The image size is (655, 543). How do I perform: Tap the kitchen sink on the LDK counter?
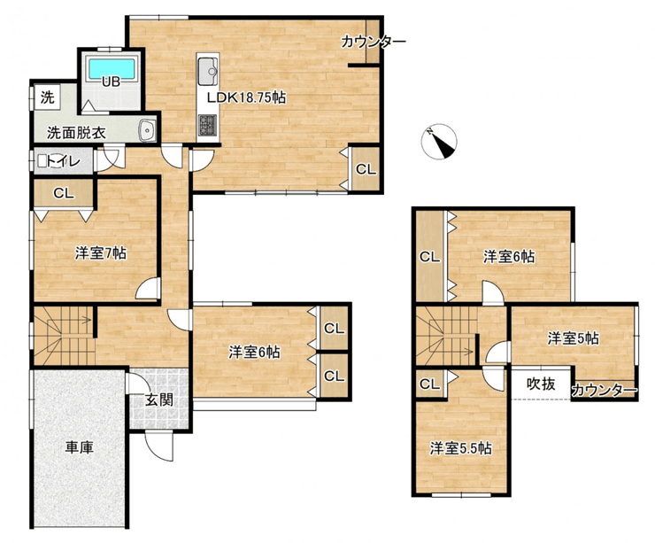pyautogui.click(x=208, y=72)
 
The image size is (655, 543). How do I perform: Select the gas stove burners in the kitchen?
pyautogui.click(x=208, y=125)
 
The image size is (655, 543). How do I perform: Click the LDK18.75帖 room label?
pyautogui.click(x=247, y=97)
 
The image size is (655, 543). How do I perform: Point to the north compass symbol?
pyautogui.click(x=439, y=142)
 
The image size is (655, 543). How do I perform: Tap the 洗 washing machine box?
pyautogui.click(x=48, y=97)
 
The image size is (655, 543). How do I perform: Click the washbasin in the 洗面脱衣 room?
pyautogui.click(x=147, y=130)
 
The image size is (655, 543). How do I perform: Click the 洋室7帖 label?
pyautogui.click(x=101, y=253)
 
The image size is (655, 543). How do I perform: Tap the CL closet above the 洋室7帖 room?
pyautogui.click(x=64, y=193)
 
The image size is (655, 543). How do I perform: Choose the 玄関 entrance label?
pyautogui.click(x=159, y=400)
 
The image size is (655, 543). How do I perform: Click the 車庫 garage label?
pyautogui.click(x=79, y=447)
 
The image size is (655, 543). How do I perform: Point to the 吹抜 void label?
pyautogui.click(x=541, y=384)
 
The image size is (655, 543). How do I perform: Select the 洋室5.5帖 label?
pyautogui.click(x=461, y=448)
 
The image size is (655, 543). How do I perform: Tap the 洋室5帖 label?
pyautogui.click(x=574, y=338)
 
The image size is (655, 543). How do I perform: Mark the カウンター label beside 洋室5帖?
pyautogui.click(x=604, y=391)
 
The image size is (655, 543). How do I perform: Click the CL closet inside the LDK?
pyautogui.click(x=366, y=169)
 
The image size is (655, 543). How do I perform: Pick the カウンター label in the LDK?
pyautogui.click(x=374, y=42)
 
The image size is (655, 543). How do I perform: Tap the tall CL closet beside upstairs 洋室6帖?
pyautogui.click(x=430, y=256)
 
